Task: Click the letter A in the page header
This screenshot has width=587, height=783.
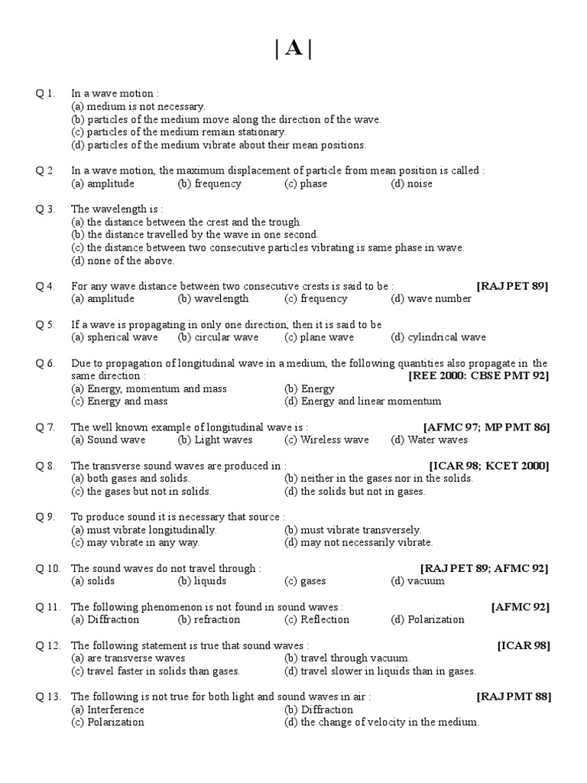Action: pyautogui.click(x=293, y=49)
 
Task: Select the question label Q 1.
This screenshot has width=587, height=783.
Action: pyautogui.click(x=45, y=93)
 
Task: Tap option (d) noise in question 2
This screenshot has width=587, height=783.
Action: pyautogui.click(x=411, y=184)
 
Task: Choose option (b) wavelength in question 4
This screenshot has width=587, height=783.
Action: pyautogui.click(x=212, y=299)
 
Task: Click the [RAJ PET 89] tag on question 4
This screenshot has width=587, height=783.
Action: pyautogui.click(x=513, y=286)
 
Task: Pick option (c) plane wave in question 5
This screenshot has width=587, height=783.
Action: pyautogui.click(x=319, y=337)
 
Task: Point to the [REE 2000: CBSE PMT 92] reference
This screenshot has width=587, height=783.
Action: pyautogui.click(x=479, y=375)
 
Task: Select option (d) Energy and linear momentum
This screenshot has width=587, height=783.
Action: pyautogui.click(x=362, y=401)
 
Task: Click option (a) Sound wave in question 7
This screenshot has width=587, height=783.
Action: pyautogui.click(x=108, y=440)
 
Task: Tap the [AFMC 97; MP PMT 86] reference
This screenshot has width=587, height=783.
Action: pyautogui.click(x=485, y=427)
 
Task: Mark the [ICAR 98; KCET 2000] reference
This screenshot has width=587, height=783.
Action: pyautogui.click(x=489, y=466)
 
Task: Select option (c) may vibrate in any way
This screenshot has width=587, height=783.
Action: pyautogui.click(x=135, y=543)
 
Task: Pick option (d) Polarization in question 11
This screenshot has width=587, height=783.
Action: pyautogui.click(x=427, y=619)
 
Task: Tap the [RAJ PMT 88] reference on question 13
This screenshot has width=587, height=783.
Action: pyautogui.click(x=514, y=697)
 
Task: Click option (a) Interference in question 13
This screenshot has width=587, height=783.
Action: pyautogui.click(x=108, y=710)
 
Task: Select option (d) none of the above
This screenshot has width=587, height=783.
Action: pyautogui.click(x=122, y=260)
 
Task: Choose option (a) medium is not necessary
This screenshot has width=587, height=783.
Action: pyautogui.click(x=138, y=106)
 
